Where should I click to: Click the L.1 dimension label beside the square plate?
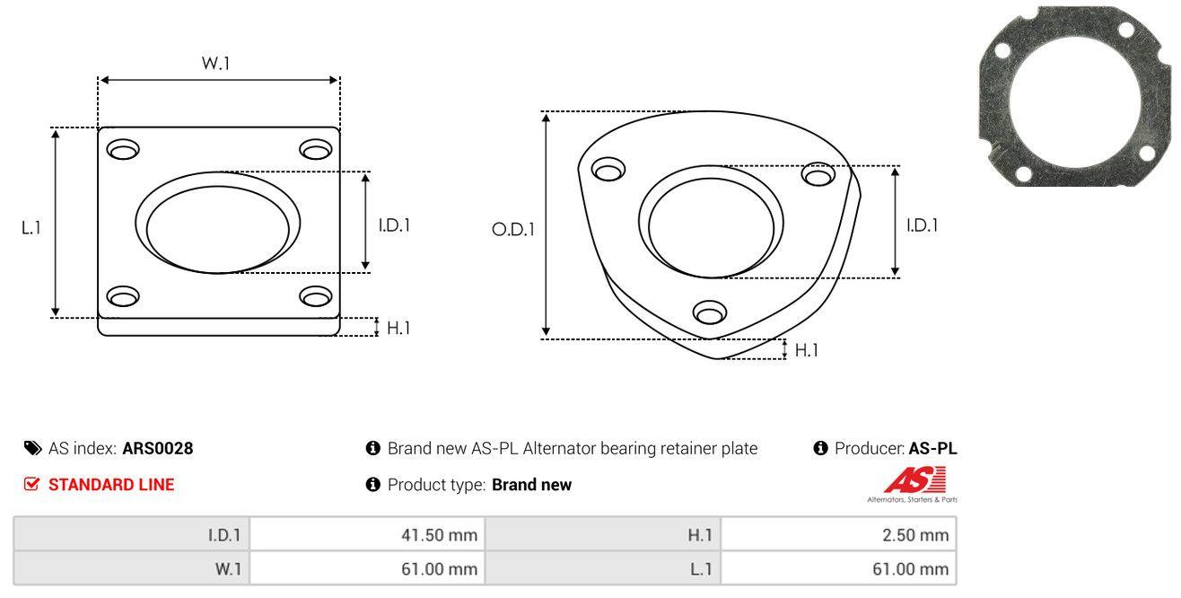[x=31, y=228]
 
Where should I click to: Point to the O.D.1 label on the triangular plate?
[x=512, y=230]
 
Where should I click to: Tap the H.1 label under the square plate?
[x=398, y=329]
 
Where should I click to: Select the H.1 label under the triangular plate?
[x=807, y=350]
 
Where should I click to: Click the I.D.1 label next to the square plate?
[x=394, y=226]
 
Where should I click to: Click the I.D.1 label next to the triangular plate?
[x=923, y=226]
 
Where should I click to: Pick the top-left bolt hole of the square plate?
[x=123, y=148]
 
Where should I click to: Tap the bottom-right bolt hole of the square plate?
[x=316, y=296]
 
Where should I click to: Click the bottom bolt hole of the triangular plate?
[x=710, y=312]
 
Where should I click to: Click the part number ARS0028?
[x=158, y=448]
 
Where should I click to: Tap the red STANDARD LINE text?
[x=111, y=485]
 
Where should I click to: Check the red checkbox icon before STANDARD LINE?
[x=32, y=485]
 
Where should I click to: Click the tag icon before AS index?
[x=32, y=448]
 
